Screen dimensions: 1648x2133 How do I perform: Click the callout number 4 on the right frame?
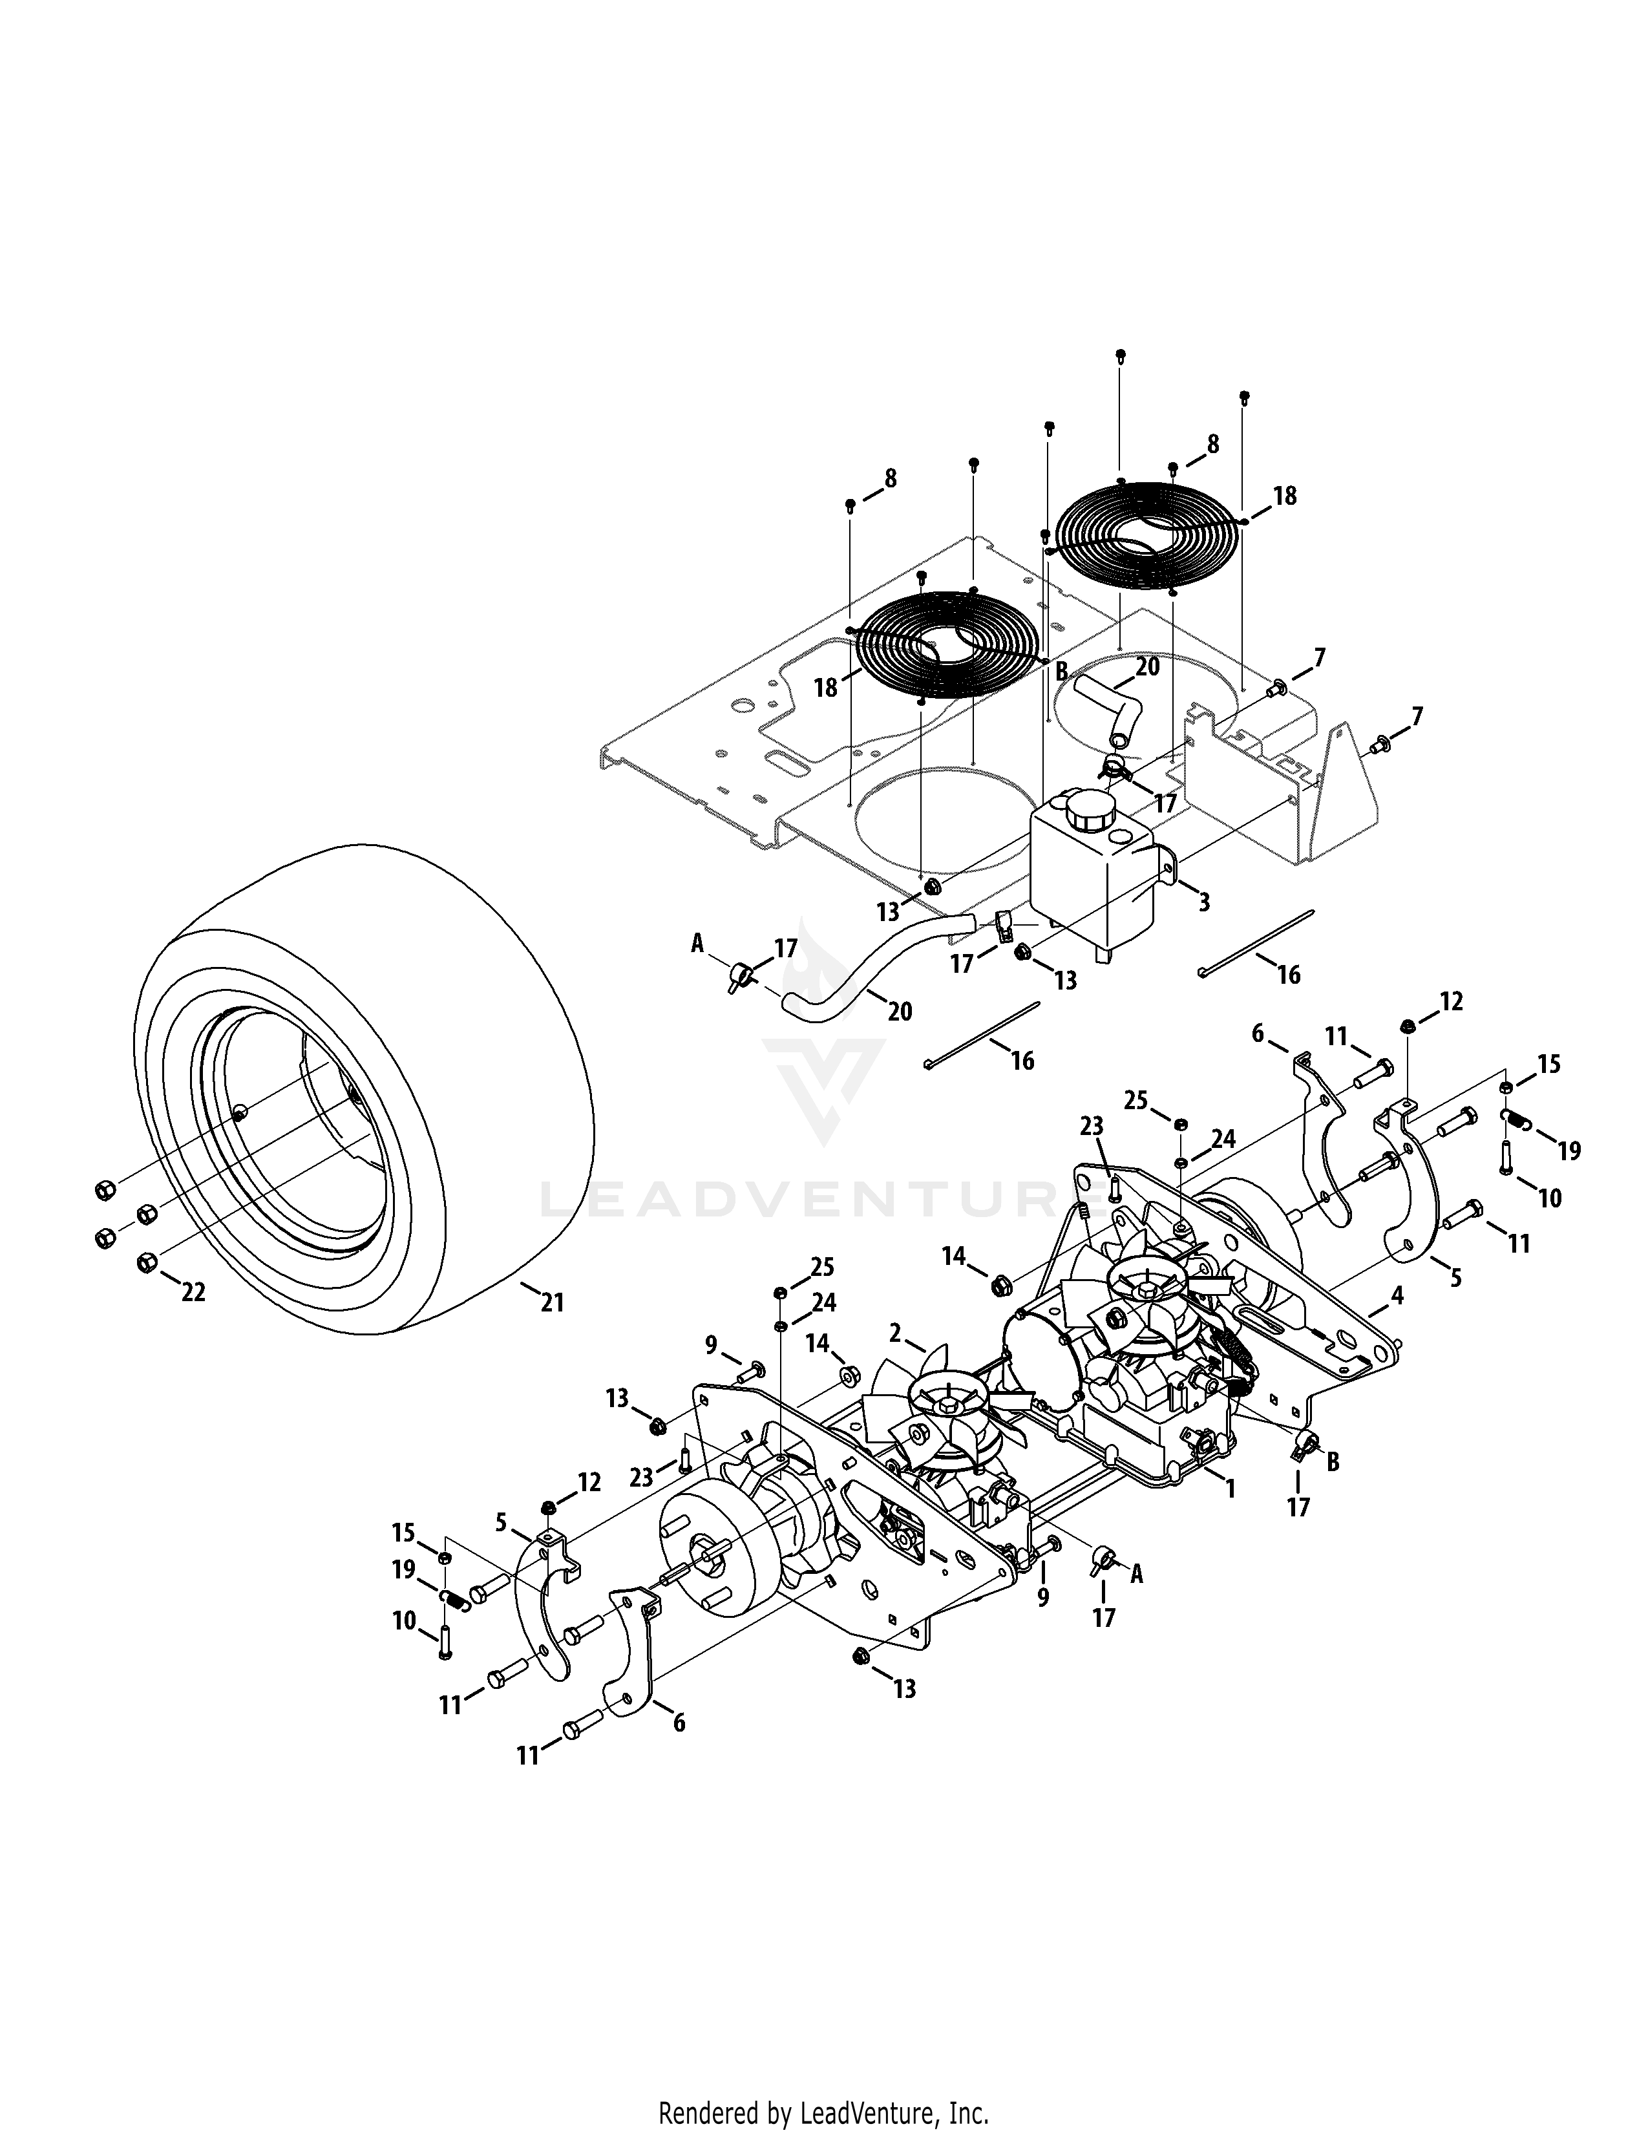[x=1398, y=1295]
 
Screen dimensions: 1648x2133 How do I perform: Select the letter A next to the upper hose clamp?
[x=697, y=942]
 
